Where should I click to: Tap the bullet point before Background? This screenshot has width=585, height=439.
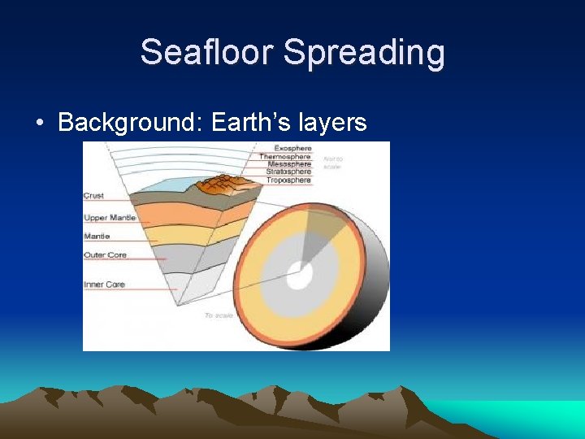(x=40, y=124)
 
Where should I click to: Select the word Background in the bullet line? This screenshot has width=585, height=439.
(x=130, y=123)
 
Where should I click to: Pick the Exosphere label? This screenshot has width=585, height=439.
(x=292, y=148)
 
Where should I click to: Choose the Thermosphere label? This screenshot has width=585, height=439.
(x=285, y=156)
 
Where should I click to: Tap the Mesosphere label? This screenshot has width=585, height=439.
(x=289, y=164)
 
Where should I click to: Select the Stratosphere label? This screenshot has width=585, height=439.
(x=288, y=172)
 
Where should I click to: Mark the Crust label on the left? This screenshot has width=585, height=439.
(x=93, y=196)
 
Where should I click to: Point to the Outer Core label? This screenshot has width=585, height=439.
(x=105, y=255)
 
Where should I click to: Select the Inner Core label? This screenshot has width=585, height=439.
(x=104, y=285)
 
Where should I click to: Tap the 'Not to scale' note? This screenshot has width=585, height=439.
(x=332, y=162)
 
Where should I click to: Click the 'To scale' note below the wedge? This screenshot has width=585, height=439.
(x=219, y=315)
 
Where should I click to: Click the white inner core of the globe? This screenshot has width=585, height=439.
(x=299, y=276)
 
